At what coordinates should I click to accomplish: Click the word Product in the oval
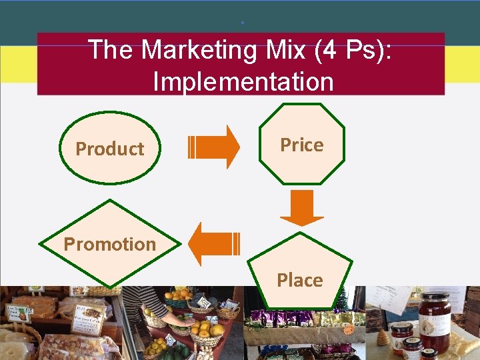pos(109,149)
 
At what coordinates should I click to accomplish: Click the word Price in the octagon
pos(301,145)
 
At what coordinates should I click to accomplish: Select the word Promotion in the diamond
pos(109,244)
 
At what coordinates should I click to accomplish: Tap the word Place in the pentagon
pos(299,280)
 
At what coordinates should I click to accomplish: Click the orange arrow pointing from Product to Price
pos(215,147)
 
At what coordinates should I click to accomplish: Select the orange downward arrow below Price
pos(301,207)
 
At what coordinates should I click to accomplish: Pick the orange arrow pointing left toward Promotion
pos(213,244)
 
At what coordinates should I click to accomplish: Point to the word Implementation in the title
pos(243,82)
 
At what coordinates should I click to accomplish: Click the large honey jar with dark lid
pos(434,322)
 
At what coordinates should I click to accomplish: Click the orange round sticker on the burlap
pos(347,329)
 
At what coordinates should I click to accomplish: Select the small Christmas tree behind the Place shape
pos(343,299)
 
